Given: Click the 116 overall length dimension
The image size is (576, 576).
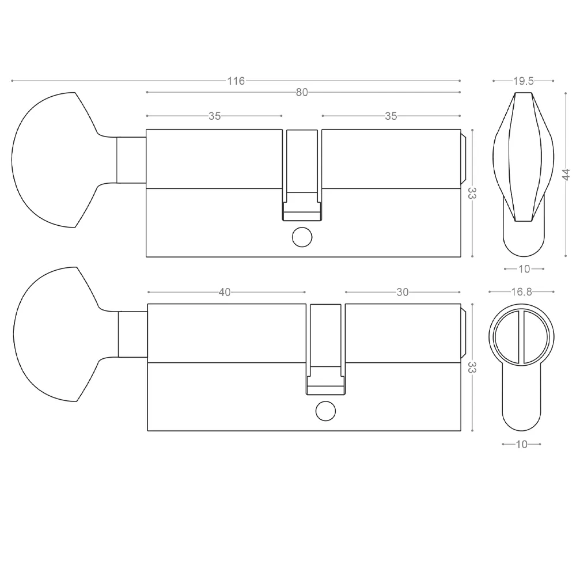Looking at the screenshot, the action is click(x=236, y=81).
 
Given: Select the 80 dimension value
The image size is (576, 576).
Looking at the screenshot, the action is click(x=302, y=92).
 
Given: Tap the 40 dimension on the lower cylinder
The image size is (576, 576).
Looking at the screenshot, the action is click(x=225, y=292).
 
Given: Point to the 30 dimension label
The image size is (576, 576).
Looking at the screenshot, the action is click(x=403, y=292).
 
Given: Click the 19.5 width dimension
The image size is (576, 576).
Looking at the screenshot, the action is click(x=524, y=81).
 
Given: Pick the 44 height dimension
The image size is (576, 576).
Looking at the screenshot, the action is click(x=566, y=175).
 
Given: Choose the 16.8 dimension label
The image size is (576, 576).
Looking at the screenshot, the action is click(x=522, y=291).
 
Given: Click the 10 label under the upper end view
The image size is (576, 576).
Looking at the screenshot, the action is click(x=524, y=269).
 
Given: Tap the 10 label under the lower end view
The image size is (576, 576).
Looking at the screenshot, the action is click(x=522, y=444).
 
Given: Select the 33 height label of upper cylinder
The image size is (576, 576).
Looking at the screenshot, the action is click(x=472, y=193).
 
